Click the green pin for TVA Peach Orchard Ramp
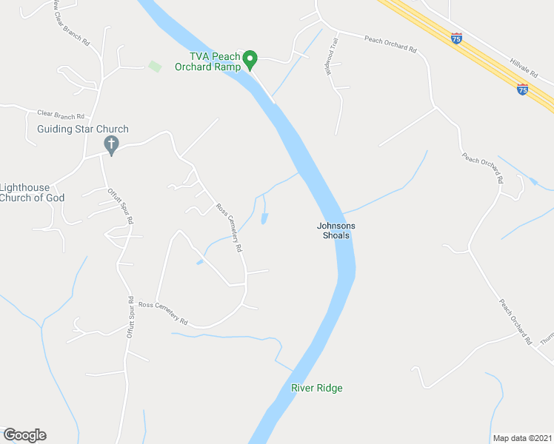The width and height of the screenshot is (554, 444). point(250,58)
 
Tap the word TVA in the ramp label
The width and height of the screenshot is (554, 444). point(198,56)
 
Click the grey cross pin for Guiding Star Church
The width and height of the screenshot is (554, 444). point(112,146)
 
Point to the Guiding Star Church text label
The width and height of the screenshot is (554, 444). point(83,129)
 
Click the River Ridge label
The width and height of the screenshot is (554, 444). point(317,388)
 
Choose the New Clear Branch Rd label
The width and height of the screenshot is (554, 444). point(72,23)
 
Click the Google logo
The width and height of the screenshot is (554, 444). point(24,435)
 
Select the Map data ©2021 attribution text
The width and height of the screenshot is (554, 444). point(522,437)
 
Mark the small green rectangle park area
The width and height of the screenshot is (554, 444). point(155,67)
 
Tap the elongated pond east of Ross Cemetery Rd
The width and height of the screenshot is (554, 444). point(265,218)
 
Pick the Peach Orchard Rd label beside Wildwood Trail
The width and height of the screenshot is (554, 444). point(390,44)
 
